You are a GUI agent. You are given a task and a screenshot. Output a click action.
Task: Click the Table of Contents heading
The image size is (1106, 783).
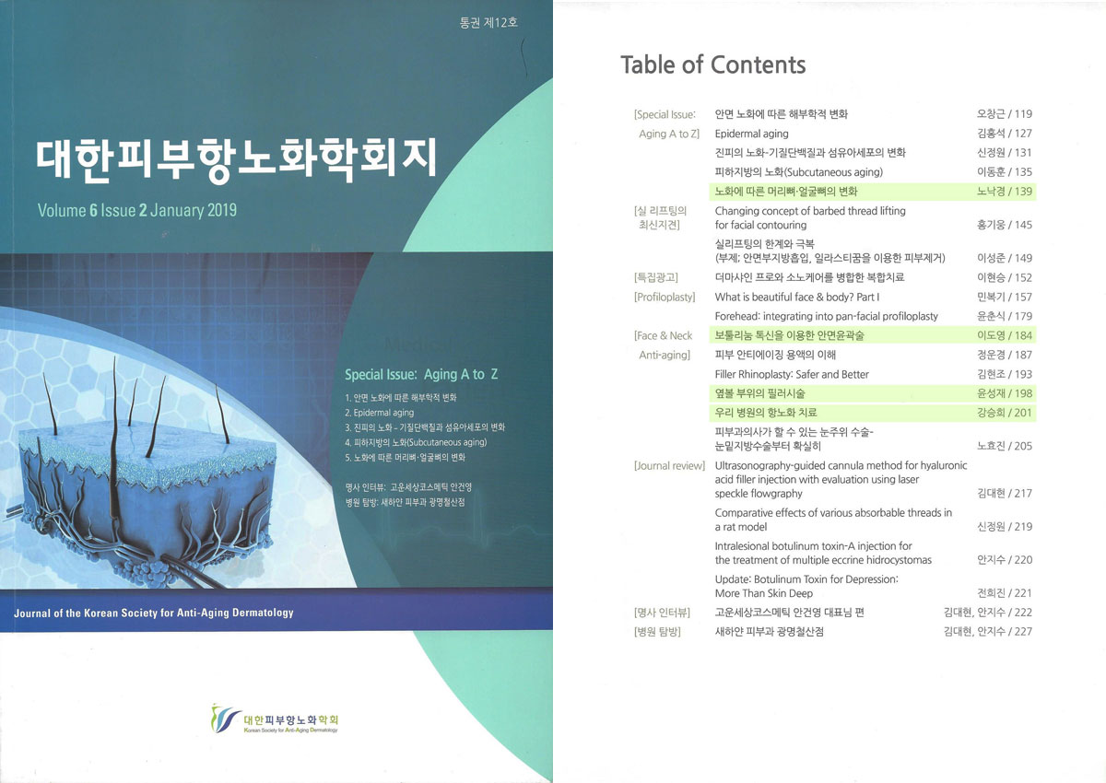pyautogui.click(x=712, y=65)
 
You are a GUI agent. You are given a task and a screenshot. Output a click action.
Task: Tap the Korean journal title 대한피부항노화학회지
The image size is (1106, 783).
pyautogui.click(x=237, y=158)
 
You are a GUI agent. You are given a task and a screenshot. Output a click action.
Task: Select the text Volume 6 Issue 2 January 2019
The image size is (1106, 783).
pyautogui.click(x=137, y=211)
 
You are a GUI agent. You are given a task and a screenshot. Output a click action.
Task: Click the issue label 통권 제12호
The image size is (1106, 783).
pyautogui.click(x=488, y=23)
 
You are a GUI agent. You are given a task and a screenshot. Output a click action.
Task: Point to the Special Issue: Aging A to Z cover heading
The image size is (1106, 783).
pyautogui.click(x=421, y=375)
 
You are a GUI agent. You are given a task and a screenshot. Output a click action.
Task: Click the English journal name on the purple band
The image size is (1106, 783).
pyautogui.click(x=154, y=614)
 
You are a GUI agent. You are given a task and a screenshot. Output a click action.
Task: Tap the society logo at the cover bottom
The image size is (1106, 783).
pyautogui.click(x=275, y=719)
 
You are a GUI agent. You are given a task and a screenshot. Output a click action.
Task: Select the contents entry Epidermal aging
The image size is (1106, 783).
pyautogui.click(x=751, y=134)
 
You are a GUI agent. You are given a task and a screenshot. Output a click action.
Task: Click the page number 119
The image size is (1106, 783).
pyautogui.click(x=1023, y=114)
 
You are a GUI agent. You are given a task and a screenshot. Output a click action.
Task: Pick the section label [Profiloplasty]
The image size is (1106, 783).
pyautogui.click(x=665, y=297)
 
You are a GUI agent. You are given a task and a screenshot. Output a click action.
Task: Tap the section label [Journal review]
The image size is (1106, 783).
pyautogui.click(x=669, y=466)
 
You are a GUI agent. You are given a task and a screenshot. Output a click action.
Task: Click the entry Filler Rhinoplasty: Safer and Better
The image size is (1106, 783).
pyautogui.click(x=792, y=375)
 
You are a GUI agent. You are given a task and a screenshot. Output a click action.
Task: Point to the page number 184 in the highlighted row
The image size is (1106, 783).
pyautogui.click(x=1023, y=335)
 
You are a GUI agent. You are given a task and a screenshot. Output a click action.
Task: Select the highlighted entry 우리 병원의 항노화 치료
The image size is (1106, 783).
pyautogui.click(x=766, y=413)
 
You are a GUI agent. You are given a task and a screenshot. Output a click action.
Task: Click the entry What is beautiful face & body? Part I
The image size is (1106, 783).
pyautogui.click(x=797, y=297)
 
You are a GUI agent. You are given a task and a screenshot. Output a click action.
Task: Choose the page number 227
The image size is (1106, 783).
pyautogui.click(x=1023, y=632)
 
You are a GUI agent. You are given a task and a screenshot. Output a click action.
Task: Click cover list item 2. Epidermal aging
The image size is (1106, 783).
pyautogui.click(x=379, y=413)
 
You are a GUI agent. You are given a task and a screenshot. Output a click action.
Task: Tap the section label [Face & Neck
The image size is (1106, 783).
pyautogui.click(x=663, y=335)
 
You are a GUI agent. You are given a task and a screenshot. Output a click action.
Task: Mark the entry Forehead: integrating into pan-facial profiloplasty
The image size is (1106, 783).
pyautogui.click(x=826, y=316)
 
